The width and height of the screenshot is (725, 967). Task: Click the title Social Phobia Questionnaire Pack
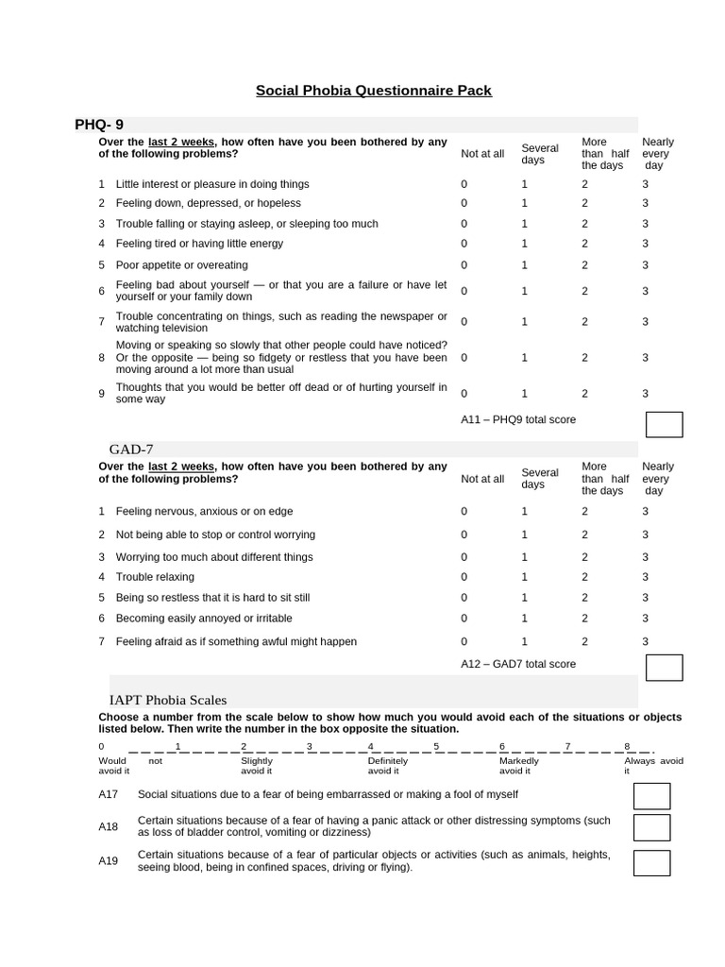tap(373, 91)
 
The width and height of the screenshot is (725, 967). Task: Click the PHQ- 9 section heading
tap(99, 125)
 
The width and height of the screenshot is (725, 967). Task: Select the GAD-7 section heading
tap(131, 450)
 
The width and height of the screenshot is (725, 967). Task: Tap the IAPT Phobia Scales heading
tap(168, 700)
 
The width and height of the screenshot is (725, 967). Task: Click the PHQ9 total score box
tap(664, 425)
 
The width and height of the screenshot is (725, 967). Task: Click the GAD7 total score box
tap(664, 668)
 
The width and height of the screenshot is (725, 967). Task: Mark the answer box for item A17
tap(651, 796)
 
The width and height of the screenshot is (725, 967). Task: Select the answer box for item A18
tap(651, 827)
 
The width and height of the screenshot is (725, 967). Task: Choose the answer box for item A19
tap(651, 862)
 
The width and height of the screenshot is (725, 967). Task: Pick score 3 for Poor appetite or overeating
tap(646, 265)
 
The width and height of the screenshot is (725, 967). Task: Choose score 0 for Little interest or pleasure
tap(464, 184)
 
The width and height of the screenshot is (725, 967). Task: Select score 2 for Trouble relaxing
tap(584, 577)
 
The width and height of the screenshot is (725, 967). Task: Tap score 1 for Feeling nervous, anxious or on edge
tap(525, 511)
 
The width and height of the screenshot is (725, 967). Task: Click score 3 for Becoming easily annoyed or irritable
tap(646, 619)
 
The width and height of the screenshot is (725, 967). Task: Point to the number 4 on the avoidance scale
tap(371, 746)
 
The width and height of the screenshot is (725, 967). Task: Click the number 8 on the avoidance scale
tap(627, 746)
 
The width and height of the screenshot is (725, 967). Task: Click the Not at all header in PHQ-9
tap(482, 154)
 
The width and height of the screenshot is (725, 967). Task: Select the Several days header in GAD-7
tap(540, 479)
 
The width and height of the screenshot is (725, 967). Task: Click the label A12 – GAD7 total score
tap(518, 664)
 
